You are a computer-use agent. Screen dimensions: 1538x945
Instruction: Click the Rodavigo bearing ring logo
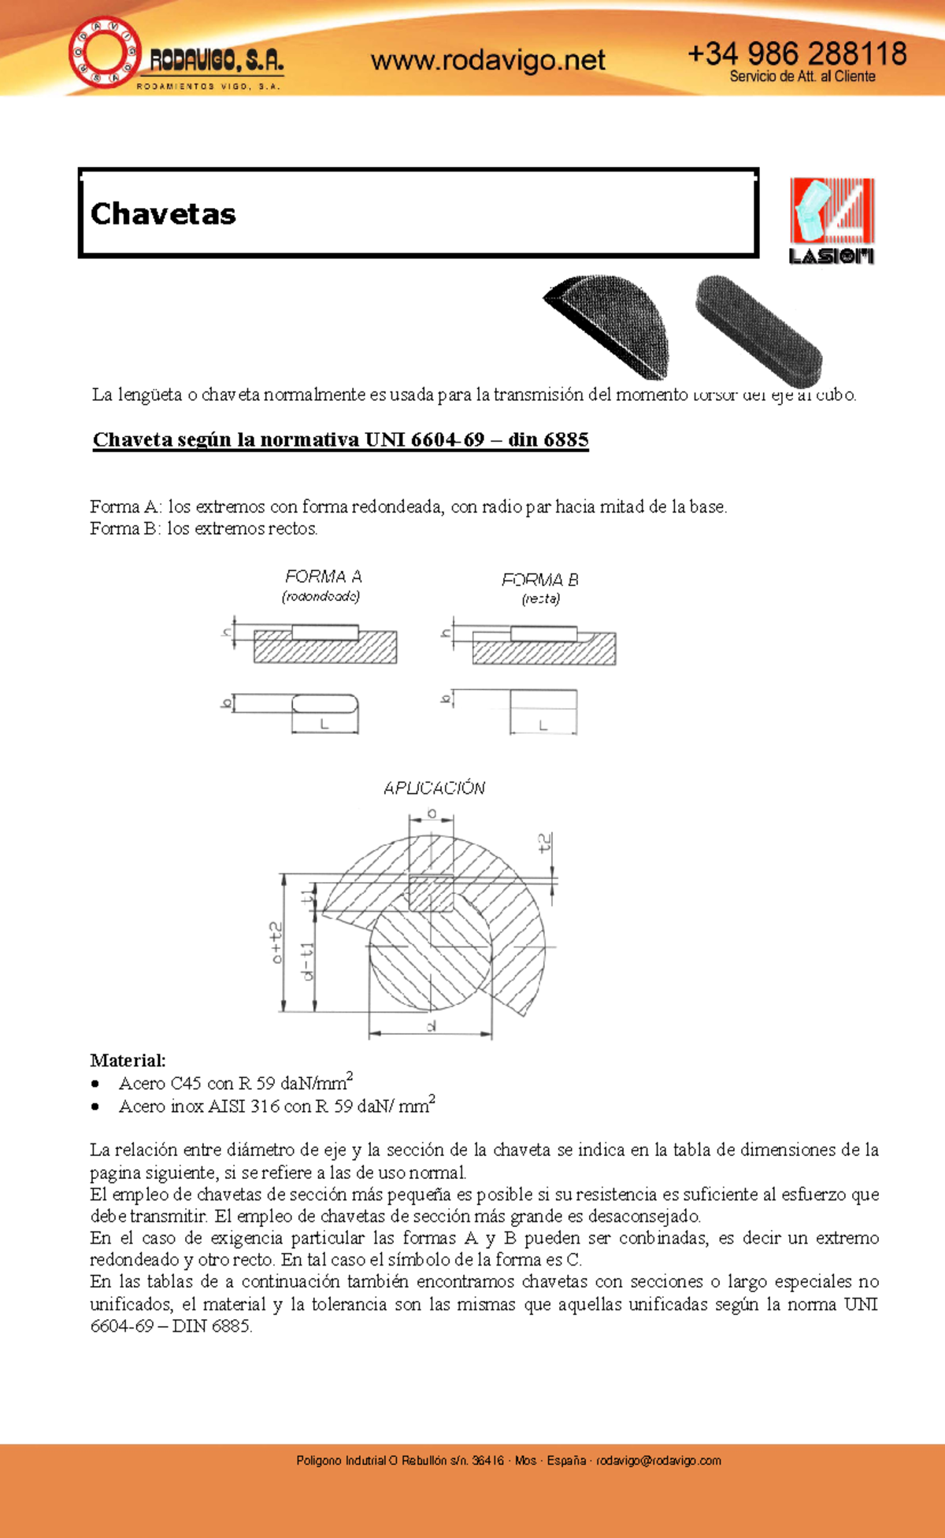pyautogui.click(x=105, y=53)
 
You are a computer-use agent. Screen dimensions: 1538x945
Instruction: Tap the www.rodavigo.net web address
pyautogui.click(x=487, y=60)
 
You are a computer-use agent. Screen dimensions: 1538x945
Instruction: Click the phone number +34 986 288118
pyautogui.click(x=796, y=54)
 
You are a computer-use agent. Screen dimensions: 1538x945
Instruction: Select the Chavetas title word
pyautogui.click(x=163, y=213)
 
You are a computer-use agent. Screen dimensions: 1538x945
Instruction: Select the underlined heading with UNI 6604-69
pyautogui.click(x=340, y=439)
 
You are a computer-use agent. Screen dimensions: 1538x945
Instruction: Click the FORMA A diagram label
pyautogui.click(x=323, y=576)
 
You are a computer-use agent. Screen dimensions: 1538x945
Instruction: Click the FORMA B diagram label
pyautogui.click(x=540, y=580)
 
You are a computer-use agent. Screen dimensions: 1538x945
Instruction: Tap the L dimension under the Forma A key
pyautogui.click(x=324, y=725)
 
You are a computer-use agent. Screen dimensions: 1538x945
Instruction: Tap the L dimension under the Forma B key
pyautogui.click(x=543, y=725)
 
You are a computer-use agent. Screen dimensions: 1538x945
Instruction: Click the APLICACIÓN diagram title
pyautogui.click(x=434, y=788)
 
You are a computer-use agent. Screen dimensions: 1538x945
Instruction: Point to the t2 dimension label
pyautogui.click(x=545, y=843)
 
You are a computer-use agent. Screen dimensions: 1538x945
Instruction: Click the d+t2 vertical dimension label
pyautogui.click(x=276, y=942)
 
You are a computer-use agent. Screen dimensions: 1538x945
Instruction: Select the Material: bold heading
pyautogui.click(x=128, y=1060)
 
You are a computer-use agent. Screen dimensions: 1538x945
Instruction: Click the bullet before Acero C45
pyautogui.click(x=95, y=1084)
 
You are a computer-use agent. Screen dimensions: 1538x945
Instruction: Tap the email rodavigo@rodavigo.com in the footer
pyautogui.click(x=658, y=1460)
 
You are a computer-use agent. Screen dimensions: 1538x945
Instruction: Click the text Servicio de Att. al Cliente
pyautogui.click(x=802, y=76)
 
